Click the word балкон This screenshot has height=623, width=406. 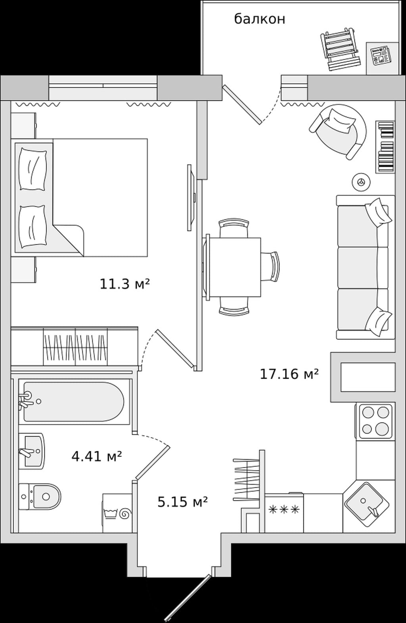click(x=260, y=19)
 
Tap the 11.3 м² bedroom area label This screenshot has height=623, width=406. click(x=125, y=284)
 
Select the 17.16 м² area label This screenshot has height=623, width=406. click(x=289, y=374)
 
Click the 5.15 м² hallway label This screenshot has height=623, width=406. click(x=183, y=502)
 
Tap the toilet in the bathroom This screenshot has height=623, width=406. click(x=40, y=496)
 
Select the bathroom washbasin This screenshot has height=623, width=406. click(x=32, y=451)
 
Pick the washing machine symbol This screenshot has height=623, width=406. click(x=117, y=513)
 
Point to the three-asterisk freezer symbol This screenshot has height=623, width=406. click(x=284, y=509)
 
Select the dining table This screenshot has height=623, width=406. click(x=234, y=267)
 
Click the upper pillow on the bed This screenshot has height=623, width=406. click(x=32, y=169)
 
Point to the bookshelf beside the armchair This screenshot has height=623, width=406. click(x=385, y=147)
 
